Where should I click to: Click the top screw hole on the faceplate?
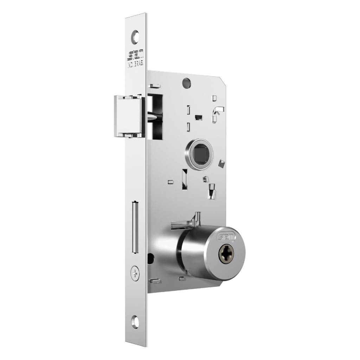[x=136, y=36]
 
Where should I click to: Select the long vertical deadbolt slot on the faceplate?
[x=134, y=227]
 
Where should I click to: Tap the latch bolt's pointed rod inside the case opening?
[x=154, y=117]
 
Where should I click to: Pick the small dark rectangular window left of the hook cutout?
[x=199, y=116]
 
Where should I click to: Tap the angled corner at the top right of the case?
[x=224, y=78]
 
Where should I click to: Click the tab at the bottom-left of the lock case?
[x=155, y=281]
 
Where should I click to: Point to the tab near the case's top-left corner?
[x=155, y=86]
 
